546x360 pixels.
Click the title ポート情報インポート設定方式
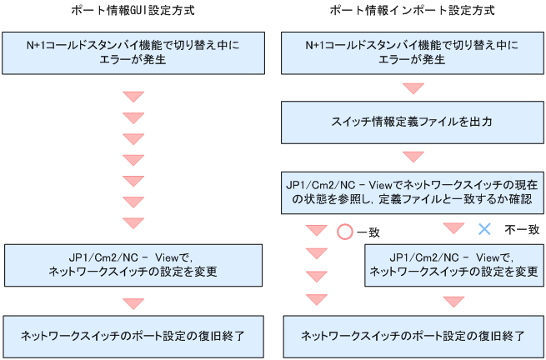coord(412,11)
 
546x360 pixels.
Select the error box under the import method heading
coord(413,52)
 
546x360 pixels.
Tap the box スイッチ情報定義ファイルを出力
coord(413,122)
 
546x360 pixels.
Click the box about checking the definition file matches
coord(413,192)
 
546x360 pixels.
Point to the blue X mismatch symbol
coord(484,228)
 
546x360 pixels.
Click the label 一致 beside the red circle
coord(369,232)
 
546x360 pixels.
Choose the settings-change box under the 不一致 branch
coord(453,264)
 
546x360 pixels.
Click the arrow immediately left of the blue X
coord(453,228)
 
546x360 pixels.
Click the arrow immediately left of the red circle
coord(316,231)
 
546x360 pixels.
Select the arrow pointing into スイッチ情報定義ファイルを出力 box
coord(413,87)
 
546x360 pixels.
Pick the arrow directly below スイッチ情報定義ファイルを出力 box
coord(413,157)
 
